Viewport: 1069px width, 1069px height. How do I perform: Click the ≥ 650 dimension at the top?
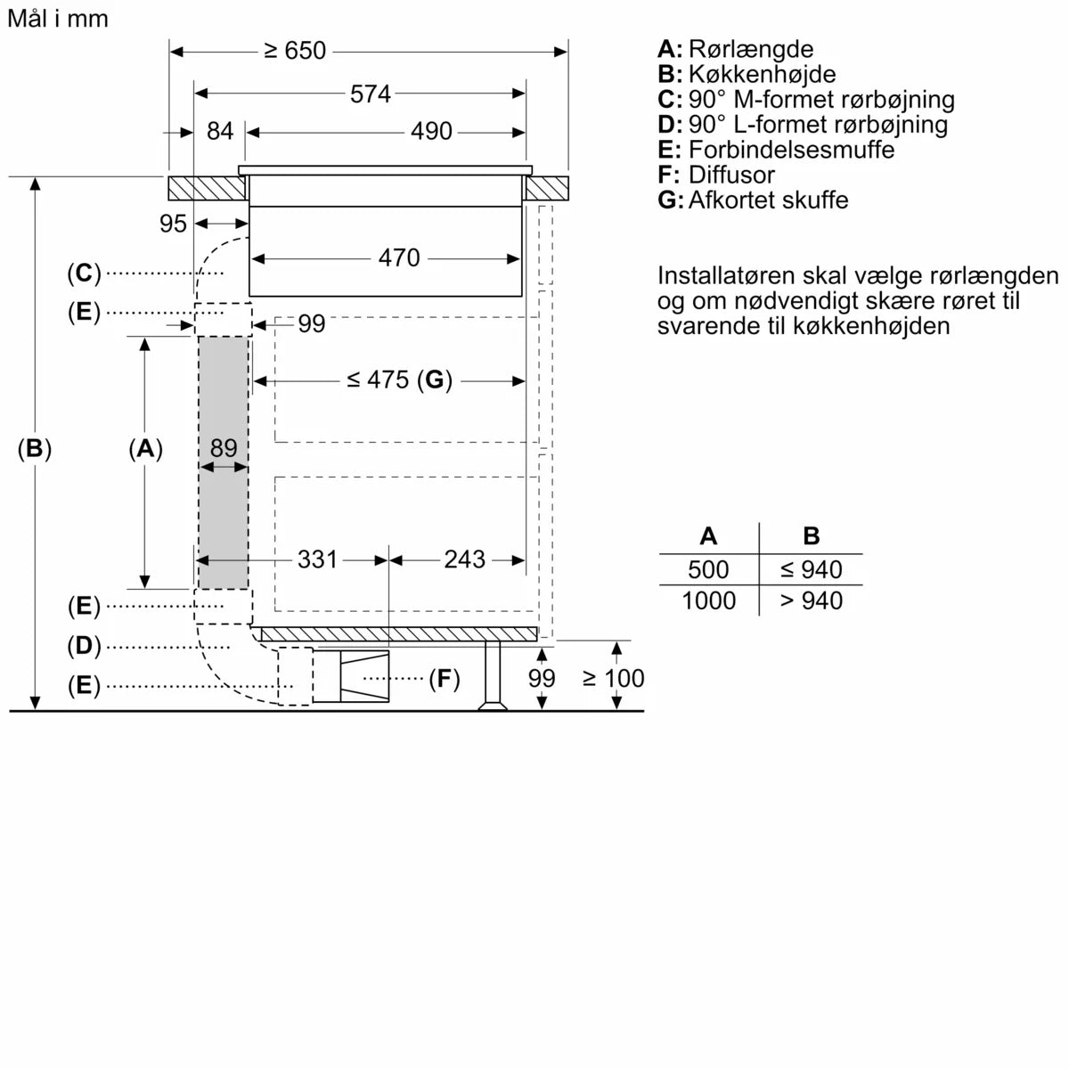(296, 51)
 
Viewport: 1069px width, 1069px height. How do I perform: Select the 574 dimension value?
(371, 94)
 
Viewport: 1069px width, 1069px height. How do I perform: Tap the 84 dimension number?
(219, 131)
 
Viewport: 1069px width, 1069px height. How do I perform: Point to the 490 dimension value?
(431, 131)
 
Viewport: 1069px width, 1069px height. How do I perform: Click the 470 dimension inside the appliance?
(398, 257)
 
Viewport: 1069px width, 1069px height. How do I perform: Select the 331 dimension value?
(317, 559)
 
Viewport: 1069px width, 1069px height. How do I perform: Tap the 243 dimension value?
(464, 559)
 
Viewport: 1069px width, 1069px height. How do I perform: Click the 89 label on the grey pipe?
(224, 447)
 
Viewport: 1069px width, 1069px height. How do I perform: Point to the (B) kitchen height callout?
(35, 449)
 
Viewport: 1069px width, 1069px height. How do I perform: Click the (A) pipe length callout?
(145, 449)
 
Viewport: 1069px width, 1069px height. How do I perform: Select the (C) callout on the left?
(84, 273)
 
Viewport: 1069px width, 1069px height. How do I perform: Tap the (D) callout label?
(84, 646)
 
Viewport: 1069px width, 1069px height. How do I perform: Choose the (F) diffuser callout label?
(444, 679)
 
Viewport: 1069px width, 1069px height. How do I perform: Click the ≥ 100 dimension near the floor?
(613, 678)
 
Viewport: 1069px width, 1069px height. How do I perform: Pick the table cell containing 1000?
(708, 600)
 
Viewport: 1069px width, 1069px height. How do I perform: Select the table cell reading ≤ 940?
(811, 569)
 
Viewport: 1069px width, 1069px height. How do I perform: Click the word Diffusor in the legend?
(730, 175)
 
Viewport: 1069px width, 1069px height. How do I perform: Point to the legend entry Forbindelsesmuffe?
(791, 150)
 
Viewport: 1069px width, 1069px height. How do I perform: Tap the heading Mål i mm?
(57, 19)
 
